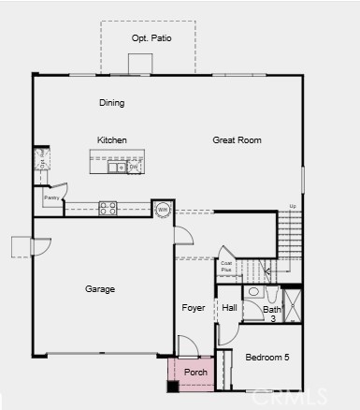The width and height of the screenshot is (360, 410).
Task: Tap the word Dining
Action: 111,103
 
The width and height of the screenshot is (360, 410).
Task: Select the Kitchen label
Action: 111,140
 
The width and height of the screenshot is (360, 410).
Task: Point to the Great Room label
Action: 237,140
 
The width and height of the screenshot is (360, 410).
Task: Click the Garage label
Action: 100,289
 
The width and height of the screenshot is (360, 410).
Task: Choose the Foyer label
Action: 194,308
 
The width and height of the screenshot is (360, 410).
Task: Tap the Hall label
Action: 230,308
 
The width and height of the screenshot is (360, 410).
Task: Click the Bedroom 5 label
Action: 267,358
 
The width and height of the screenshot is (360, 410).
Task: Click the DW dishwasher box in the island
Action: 135,167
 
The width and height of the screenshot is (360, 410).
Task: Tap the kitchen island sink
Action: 117,168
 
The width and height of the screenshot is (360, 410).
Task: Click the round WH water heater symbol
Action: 163,209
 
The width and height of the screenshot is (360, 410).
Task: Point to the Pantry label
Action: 51,198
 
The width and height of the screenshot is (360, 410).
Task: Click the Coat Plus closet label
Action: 226,267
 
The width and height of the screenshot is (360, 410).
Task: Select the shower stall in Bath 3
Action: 293,306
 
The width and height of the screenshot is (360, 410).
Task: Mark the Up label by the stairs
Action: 294,206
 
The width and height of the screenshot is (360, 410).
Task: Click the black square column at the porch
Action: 173,386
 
